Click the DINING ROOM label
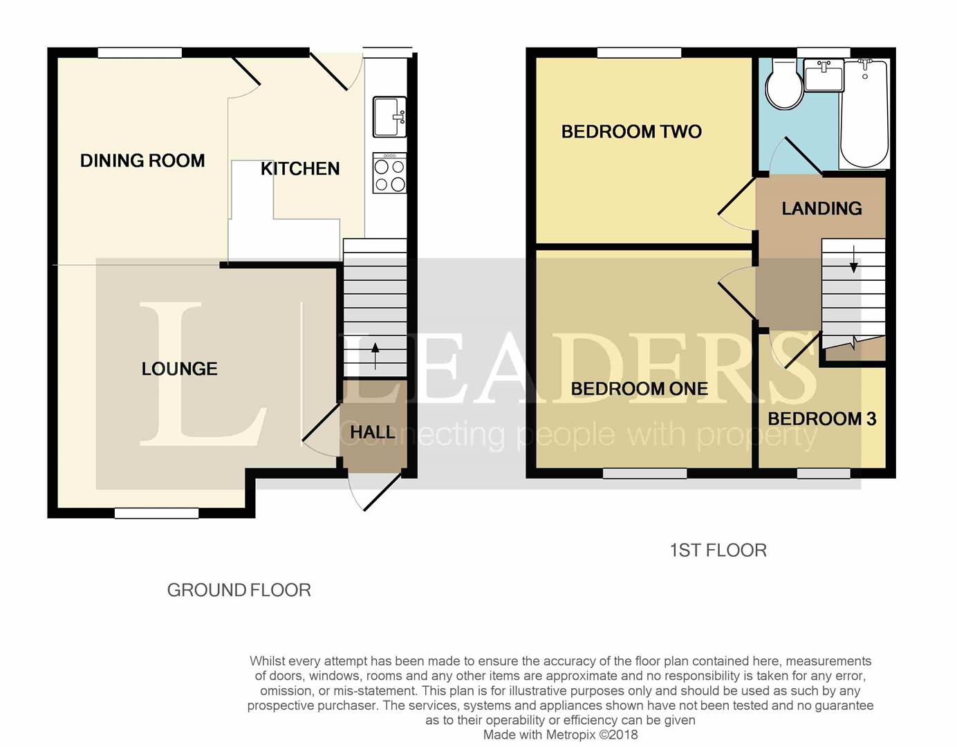[142, 160]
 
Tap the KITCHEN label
[300, 169]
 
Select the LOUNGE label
[179, 369]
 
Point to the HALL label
[373, 432]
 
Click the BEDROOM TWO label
[631, 131]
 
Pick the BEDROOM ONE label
[639, 389]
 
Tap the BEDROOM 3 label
[821, 419]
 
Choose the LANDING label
[821, 208]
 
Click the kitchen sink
[389, 117]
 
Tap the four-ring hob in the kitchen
[389, 173]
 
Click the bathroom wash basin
[823, 75]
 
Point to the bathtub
[864, 113]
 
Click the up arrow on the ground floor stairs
[375, 356]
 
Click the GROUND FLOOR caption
[239, 590]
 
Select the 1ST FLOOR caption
[718, 551]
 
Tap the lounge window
[156, 513]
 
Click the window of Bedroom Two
[639, 53]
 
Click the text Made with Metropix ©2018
[560, 735]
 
